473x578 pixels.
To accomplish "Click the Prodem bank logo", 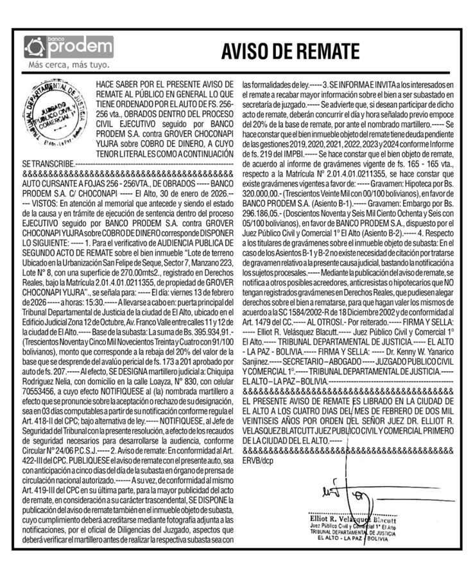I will pyautogui.click(x=67, y=46).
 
